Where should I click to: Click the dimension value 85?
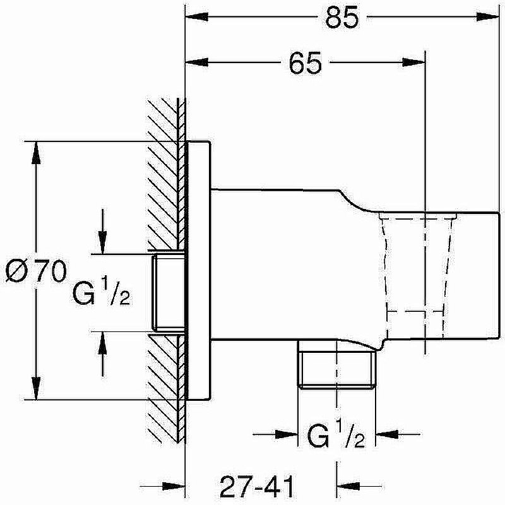pos(342,17)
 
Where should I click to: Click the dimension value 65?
pos(305,62)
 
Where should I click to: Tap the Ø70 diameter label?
pos(36,271)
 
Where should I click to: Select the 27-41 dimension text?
pos(257,486)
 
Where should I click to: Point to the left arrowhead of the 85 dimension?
pos(197,17)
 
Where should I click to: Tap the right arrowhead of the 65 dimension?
pos(414,62)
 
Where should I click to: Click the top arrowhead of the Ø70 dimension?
pos(36,153)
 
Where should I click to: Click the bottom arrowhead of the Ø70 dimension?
pos(36,388)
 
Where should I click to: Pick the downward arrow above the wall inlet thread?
pos(102,232)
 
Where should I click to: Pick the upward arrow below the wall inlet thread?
pos(102,353)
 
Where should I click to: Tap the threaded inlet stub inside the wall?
pos(169,293)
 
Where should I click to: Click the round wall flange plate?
pos(199,271)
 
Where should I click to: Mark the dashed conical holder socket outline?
pos(418,277)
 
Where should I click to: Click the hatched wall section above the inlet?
pos(166,174)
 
